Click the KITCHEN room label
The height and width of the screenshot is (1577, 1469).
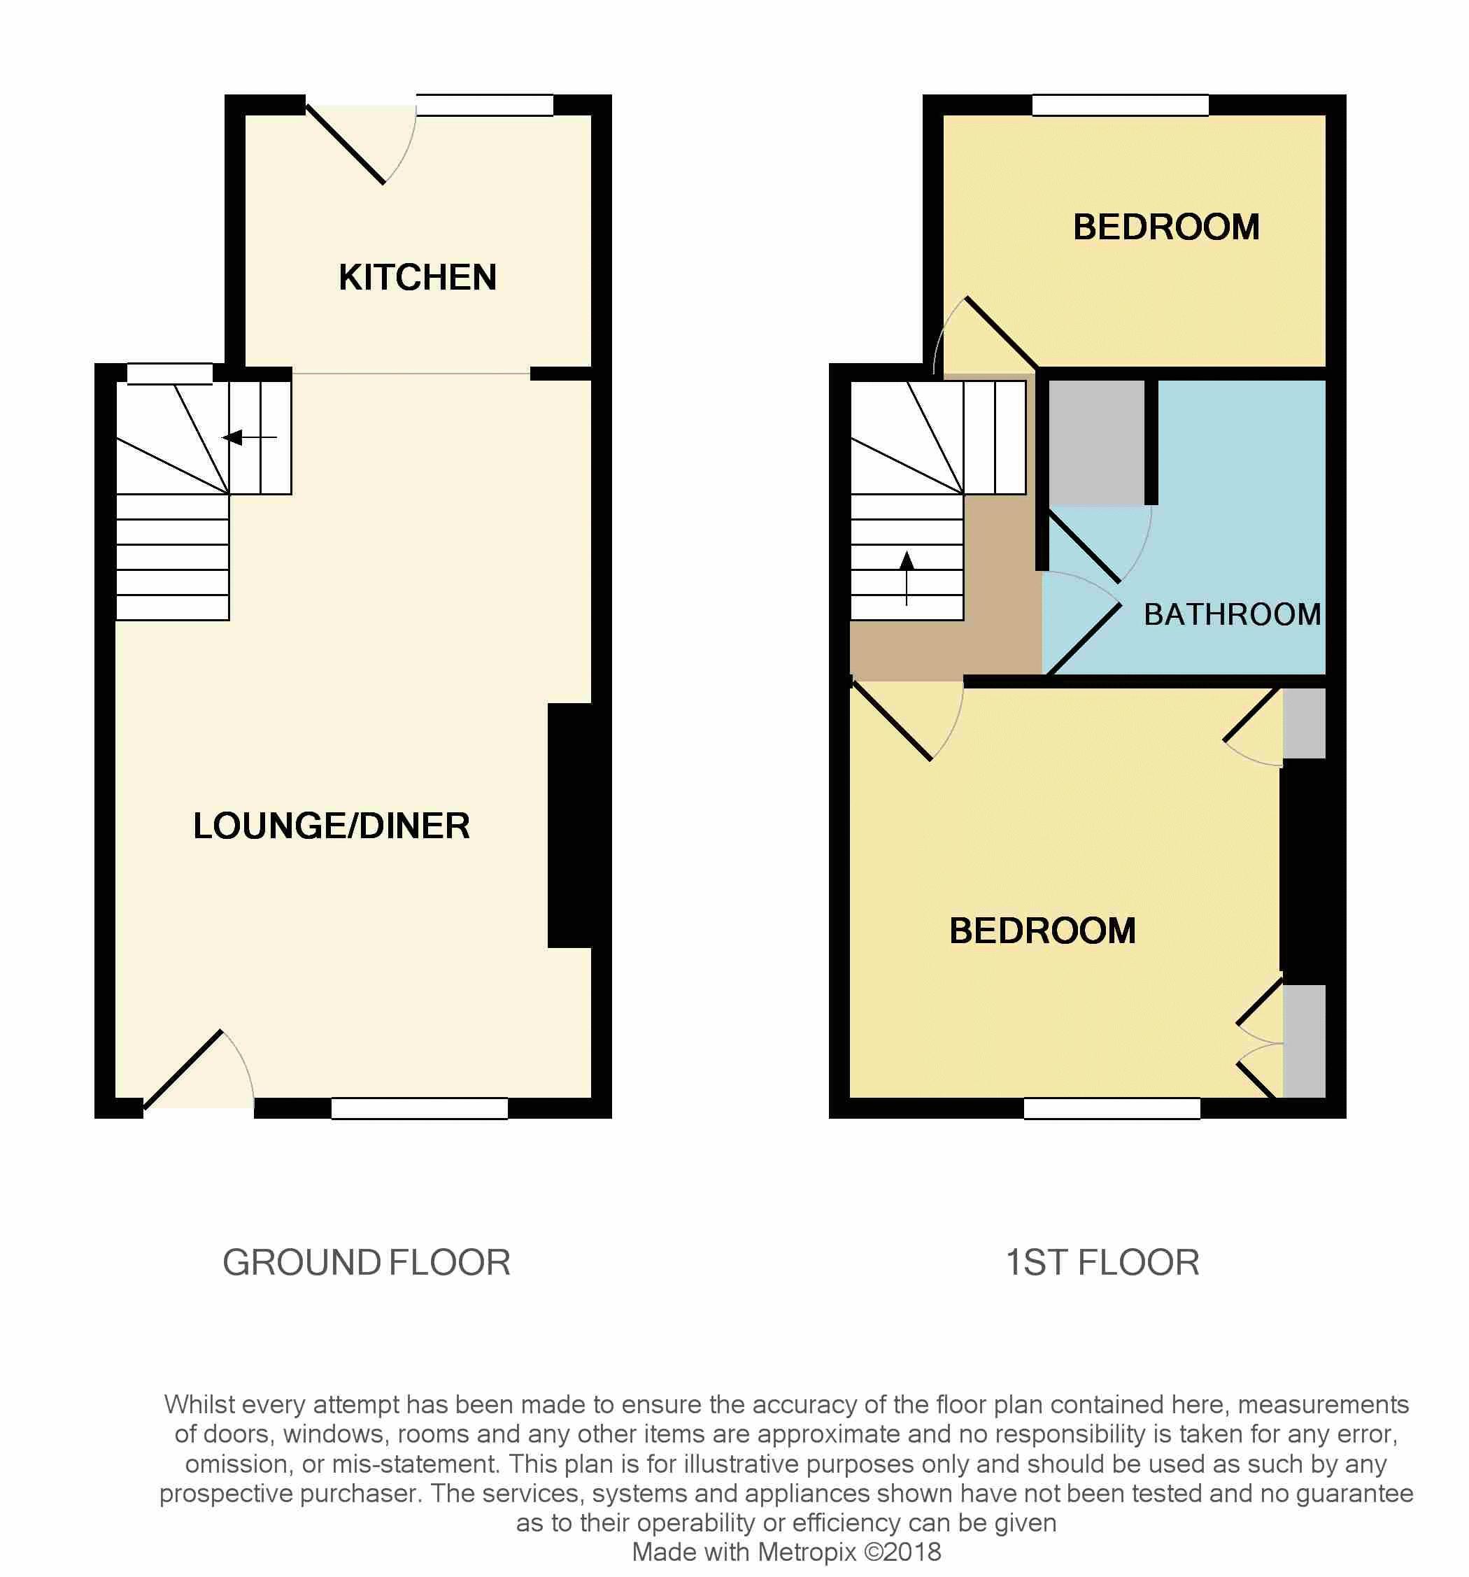417,278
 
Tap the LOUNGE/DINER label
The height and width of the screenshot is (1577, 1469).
332,826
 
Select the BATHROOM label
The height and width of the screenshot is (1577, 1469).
1232,615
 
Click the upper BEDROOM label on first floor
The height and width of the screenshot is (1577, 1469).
1166,227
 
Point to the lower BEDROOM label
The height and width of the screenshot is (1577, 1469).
1042,931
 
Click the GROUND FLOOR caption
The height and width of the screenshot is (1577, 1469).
367,1263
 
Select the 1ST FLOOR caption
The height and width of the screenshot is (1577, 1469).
1102,1263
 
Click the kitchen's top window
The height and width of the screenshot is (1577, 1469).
485,105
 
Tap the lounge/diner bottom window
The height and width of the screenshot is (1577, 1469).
420,1108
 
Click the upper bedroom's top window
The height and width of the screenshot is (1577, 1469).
1120,105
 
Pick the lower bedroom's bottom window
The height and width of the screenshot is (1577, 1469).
1112,1108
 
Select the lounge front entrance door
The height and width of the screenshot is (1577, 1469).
183,1068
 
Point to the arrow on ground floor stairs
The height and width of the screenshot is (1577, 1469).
250,437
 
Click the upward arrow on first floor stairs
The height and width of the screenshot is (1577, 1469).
907,577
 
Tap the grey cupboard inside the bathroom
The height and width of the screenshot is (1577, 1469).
1097,443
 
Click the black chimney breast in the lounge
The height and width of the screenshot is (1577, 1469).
570,825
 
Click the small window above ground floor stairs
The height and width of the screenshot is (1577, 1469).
170,374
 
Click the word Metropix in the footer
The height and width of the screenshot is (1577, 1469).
807,1551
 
